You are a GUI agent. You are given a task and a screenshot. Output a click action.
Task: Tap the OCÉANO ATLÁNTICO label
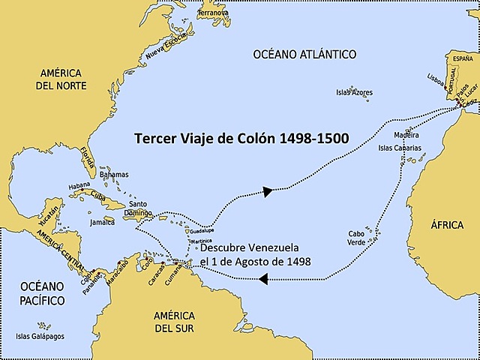[304, 54]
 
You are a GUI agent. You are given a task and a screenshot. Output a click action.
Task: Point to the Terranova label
[214, 13]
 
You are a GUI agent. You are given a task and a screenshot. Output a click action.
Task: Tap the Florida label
[87, 159]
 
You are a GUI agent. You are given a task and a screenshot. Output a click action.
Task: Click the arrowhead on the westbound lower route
[262, 279]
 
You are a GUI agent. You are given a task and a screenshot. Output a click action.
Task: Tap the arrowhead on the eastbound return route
[266, 192]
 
